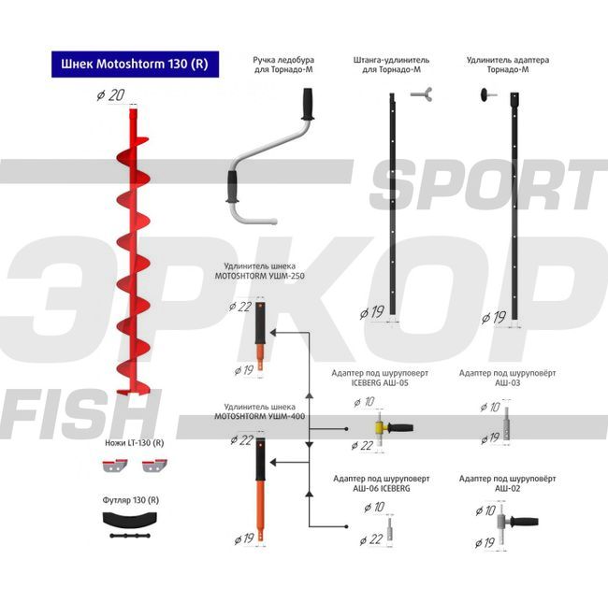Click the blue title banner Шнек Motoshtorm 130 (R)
tap(133, 65)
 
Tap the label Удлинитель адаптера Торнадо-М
tap(508, 65)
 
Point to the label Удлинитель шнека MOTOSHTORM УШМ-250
tap(259, 271)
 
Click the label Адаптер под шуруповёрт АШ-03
tap(508, 377)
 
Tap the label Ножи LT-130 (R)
tap(133, 443)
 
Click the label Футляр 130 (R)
tap(130, 500)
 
